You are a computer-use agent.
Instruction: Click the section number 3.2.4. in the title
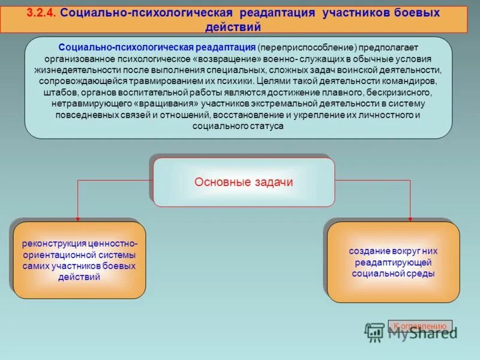point(41,13)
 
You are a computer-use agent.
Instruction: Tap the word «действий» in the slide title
point(233,26)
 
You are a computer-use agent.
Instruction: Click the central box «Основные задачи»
point(244,182)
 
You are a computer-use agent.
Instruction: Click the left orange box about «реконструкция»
point(79,260)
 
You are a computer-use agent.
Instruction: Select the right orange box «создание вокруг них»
point(394,262)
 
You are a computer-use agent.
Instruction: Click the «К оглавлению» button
point(420,326)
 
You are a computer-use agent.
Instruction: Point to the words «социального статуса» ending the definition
point(238,127)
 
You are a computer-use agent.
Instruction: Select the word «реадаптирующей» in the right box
point(394,262)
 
